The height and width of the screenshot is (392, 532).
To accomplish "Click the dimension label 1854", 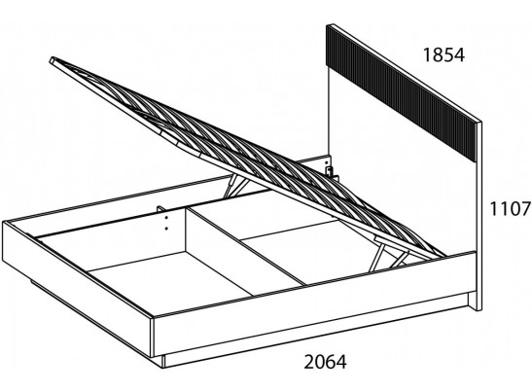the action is [x=443, y=55].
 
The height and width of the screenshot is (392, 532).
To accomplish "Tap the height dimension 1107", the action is [x=510, y=208].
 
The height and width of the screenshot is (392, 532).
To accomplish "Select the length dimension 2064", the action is [x=326, y=362].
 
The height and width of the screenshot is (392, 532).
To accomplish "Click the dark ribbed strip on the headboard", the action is [x=404, y=91].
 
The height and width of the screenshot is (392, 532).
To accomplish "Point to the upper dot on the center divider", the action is [x=166, y=219].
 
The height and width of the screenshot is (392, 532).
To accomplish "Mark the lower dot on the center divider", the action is [x=166, y=229].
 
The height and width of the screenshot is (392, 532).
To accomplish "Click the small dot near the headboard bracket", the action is [x=327, y=162].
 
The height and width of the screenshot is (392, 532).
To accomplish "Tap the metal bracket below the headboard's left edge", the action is [x=330, y=172].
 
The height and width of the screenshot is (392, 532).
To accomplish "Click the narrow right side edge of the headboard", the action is [x=479, y=216].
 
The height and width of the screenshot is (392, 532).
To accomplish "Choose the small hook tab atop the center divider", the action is [x=160, y=208].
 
